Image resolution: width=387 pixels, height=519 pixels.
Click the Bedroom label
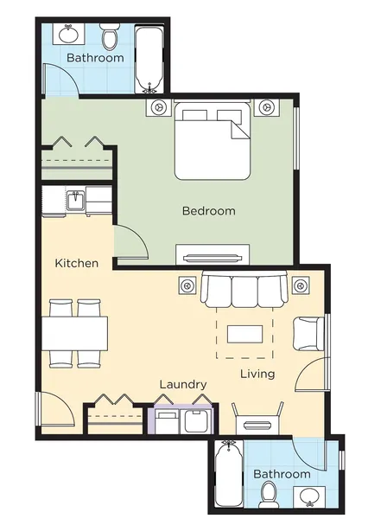tap(208, 211)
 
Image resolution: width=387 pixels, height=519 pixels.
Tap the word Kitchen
tap(77, 264)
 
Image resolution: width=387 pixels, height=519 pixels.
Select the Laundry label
tap(183, 385)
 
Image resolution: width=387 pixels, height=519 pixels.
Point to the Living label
tap(257, 374)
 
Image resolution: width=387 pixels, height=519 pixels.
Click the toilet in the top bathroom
tap(110, 36)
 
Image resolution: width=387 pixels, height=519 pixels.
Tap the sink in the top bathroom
tap(69, 34)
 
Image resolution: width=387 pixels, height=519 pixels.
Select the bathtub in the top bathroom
tap(149, 59)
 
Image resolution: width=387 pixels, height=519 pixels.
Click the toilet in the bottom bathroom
tap(268, 495)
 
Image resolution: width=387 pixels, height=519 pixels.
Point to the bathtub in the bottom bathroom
tap(229, 474)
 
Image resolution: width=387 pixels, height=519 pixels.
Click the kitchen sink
tap(76, 201)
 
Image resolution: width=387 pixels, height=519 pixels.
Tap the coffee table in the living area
tap(244, 334)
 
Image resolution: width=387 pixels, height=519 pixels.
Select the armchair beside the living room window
tap(308, 334)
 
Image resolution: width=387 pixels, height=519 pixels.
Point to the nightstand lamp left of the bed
tap(159, 107)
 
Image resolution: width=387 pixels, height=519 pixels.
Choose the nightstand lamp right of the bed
tap(266, 107)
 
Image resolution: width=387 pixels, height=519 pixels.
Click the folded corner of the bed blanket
tap(238, 130)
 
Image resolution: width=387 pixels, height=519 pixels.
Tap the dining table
tap(74, 334)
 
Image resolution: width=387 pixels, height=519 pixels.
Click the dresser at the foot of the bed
tap(213, 254)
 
